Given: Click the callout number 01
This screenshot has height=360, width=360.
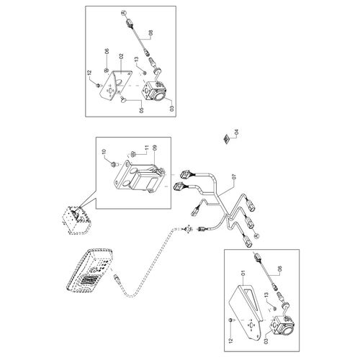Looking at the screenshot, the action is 243,273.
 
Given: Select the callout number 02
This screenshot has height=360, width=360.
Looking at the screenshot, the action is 121,57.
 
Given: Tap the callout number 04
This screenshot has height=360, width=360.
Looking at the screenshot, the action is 237,132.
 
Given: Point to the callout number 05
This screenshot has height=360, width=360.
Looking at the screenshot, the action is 141,110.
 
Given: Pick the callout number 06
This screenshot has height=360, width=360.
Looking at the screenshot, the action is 107,51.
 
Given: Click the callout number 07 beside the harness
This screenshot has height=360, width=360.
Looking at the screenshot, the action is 235,177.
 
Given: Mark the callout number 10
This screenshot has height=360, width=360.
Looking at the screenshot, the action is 104,152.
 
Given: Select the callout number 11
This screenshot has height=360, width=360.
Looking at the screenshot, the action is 147,148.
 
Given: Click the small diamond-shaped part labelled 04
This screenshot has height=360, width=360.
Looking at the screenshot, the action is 226,138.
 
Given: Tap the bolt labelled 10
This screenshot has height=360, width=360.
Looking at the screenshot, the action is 114,165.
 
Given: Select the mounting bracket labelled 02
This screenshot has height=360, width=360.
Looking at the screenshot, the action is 116,84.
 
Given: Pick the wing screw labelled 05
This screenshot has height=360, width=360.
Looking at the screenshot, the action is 123,99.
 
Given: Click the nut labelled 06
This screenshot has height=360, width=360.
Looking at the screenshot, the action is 105,70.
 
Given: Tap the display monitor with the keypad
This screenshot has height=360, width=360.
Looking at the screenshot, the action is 89,271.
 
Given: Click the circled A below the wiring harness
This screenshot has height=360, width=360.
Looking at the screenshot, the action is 256,236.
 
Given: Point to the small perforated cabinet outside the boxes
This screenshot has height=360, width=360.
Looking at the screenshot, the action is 76,220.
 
